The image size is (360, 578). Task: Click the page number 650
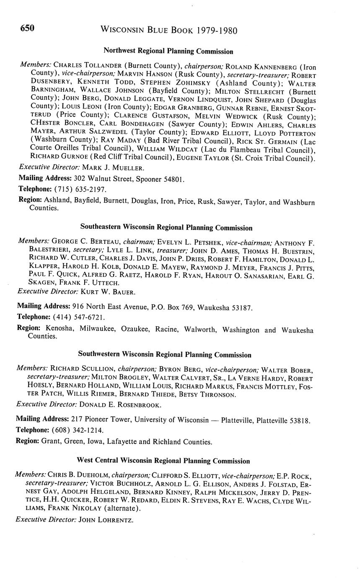[27, 28]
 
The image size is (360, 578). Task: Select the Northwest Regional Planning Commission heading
[168, 52]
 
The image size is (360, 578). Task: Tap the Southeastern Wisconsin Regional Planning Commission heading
[166, 228]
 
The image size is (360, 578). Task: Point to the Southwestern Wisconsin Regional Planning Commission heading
[165, 355]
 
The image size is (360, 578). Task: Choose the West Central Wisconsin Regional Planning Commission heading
[164, 461]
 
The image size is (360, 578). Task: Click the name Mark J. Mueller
[113, 168]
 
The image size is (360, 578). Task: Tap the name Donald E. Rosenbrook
[120, 405]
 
